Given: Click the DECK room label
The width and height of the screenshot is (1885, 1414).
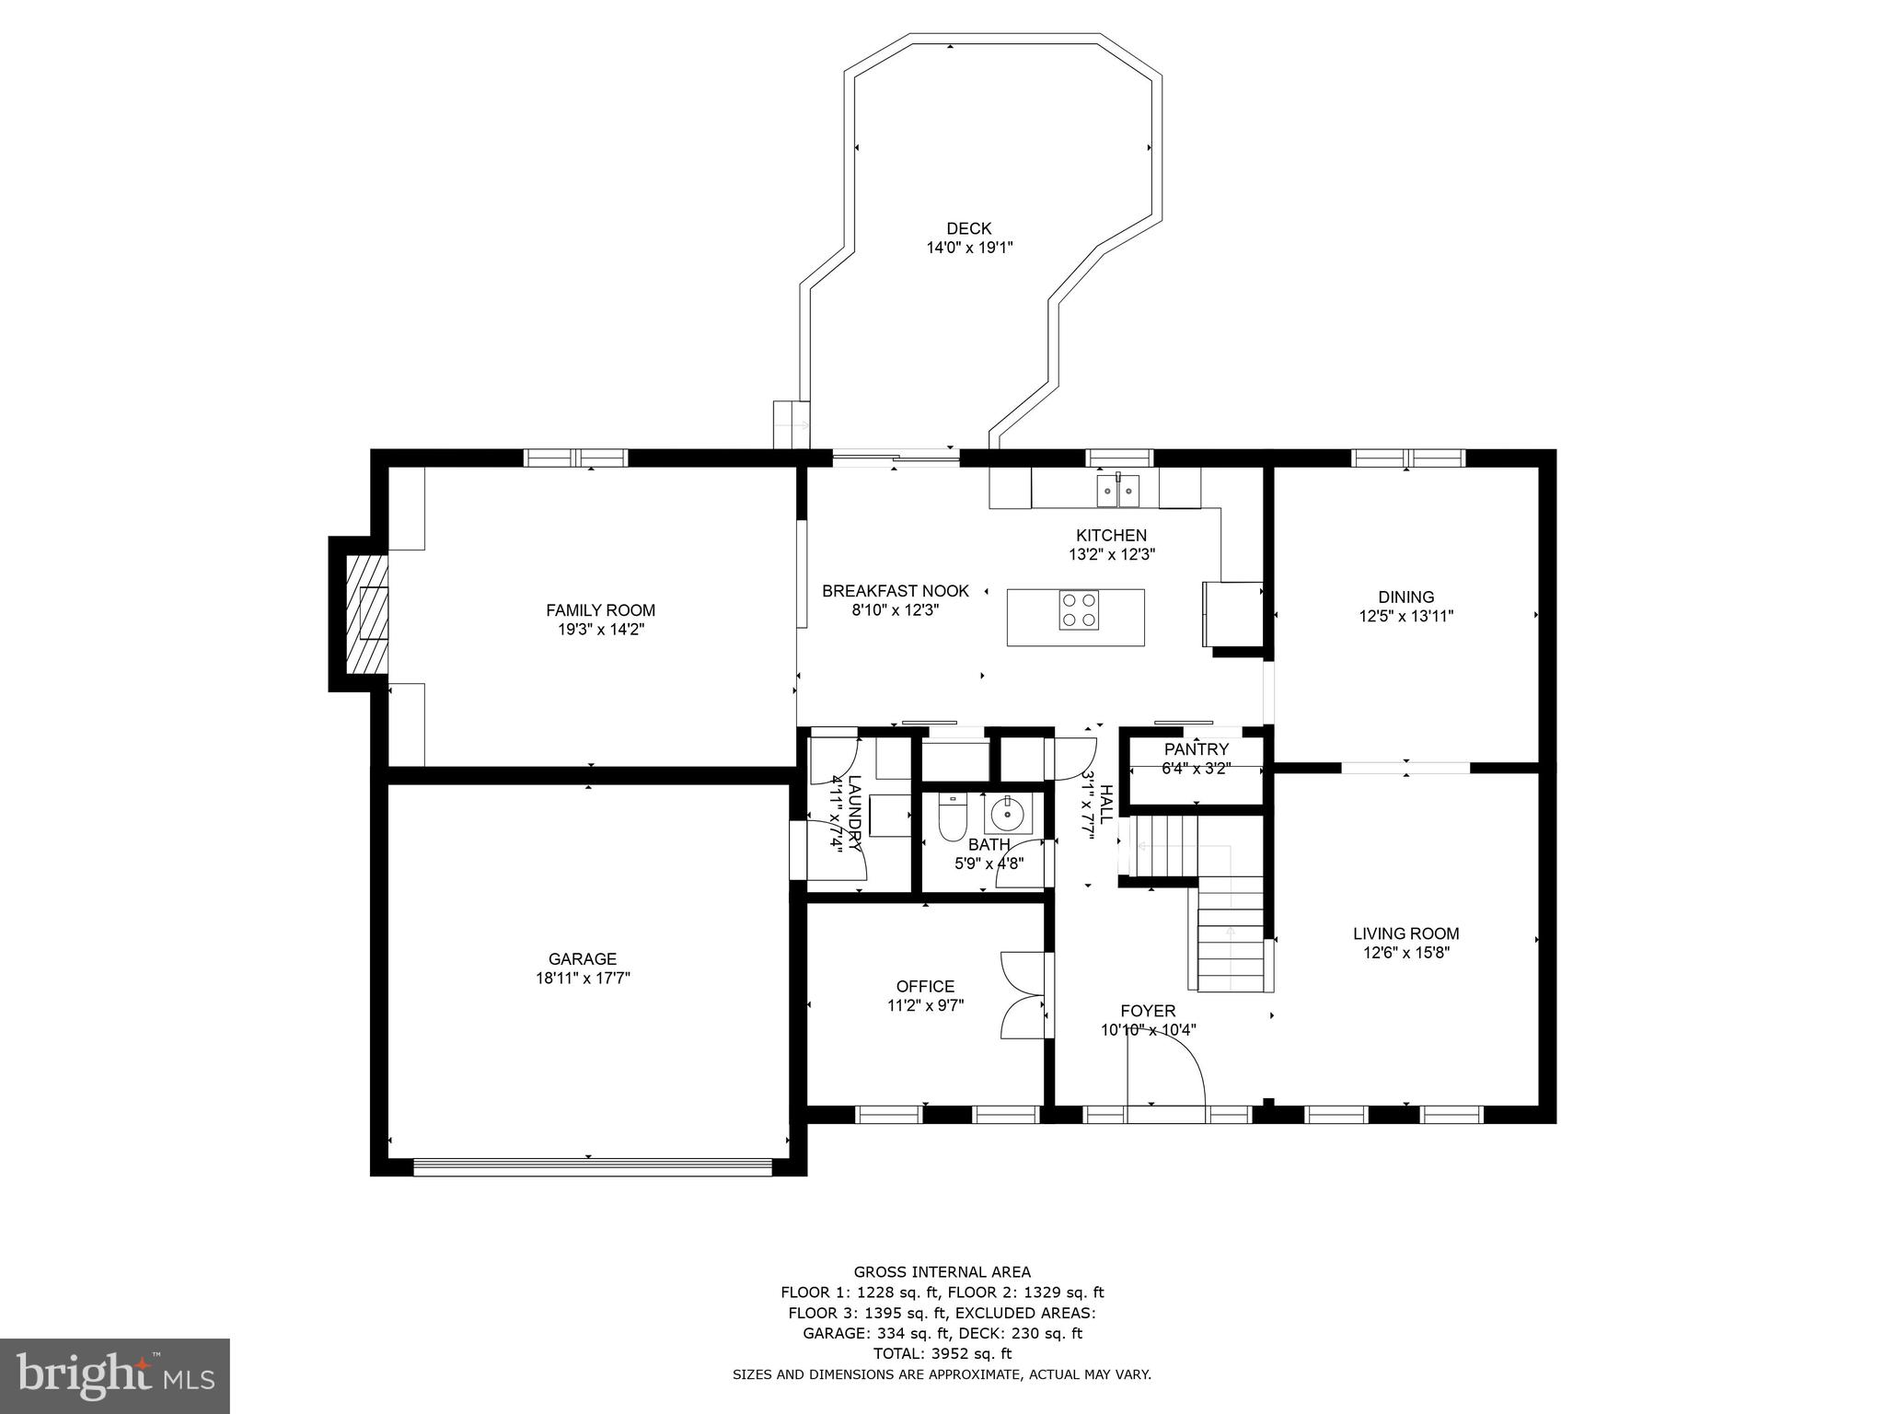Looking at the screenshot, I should click(x=969, y=228).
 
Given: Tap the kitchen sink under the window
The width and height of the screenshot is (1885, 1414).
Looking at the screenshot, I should click(x=1117, y=490).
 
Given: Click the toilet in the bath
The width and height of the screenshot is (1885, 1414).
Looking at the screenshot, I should click(x=951, y=819).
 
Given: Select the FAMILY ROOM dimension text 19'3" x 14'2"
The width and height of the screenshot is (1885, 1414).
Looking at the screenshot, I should click(x=600, y=630).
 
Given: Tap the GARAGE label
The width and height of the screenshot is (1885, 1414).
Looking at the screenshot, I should click(x=582, y=959).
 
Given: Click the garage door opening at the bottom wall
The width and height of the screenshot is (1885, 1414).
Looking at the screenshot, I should click(x=592, y=1166).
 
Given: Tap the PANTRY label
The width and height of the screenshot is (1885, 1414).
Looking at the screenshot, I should click(x=1196, y=749).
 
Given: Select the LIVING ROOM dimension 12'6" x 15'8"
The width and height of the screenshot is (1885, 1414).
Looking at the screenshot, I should click(x=1405, y=953).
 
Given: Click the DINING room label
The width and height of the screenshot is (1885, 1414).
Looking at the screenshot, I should click(x=1405, y=597).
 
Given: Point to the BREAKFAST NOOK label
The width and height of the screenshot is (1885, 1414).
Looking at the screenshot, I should click(x=895, y=591).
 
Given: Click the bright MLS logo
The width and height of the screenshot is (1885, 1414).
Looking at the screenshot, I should click(x=115, y=1375).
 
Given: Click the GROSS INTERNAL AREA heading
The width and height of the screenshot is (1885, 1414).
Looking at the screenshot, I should click(x=942, y=1272).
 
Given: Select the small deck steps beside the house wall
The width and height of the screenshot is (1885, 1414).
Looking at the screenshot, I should click(x=790, y=424).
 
